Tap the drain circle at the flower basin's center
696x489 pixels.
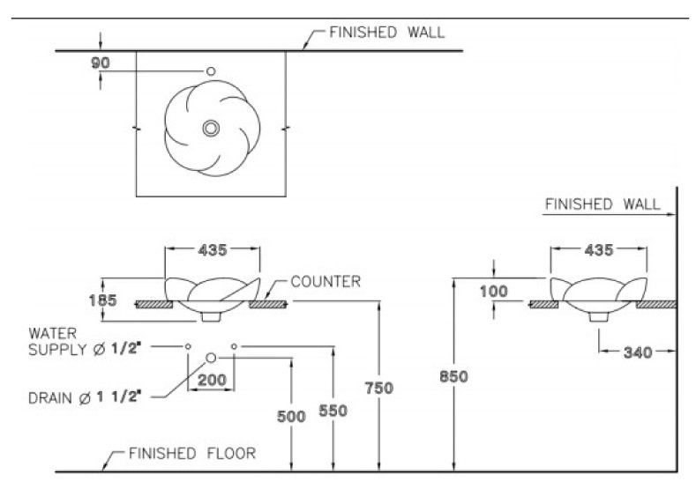[211, 128]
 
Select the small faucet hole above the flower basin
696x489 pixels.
[211, 70]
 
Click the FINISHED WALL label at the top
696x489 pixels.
[387, 33]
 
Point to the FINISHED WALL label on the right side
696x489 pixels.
[602, 204]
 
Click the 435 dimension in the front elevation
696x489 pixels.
[212, 250]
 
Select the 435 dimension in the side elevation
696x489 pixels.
[599, 250]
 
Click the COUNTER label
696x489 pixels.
[326, 282]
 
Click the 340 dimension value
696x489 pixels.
[637, 352]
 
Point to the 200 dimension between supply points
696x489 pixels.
[211, 381]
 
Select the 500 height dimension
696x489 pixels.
[292, 417]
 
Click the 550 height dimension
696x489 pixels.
[333, 411]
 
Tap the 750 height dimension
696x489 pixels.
[378, 388]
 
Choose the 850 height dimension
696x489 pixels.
[453, 376]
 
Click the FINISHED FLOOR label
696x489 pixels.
[192, 455]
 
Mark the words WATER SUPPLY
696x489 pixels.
[57, 340]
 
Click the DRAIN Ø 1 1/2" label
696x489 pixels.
[86, 398]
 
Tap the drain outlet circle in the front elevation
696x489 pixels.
[211, 357]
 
